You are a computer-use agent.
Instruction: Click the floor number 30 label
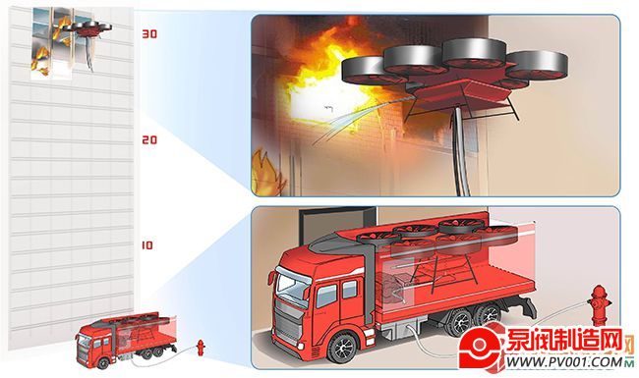[149, 33]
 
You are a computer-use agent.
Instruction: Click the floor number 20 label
[149, 140]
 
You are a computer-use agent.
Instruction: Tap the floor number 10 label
[147, 245]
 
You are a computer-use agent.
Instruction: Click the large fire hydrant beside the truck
[599, 305]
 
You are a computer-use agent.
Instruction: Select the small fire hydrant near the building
[201, 348]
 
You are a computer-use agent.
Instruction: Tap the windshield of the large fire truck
[293, 286]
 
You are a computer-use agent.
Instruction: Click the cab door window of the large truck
[326, 296]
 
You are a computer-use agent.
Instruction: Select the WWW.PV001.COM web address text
[563, 361]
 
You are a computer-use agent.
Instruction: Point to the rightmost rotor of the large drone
[537, 64]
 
